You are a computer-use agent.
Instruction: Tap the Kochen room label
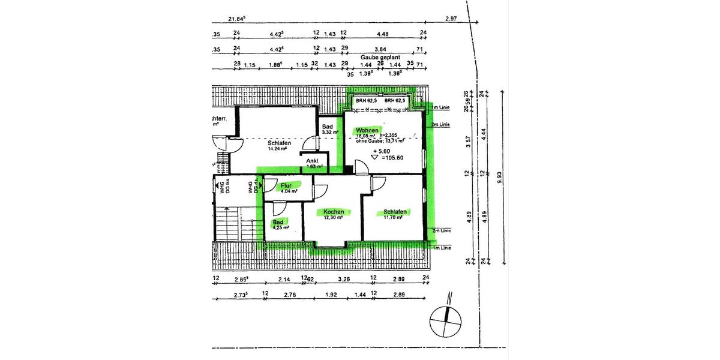pos(334,212)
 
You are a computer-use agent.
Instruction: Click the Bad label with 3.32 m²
pos(328,127)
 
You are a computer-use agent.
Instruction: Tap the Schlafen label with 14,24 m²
pos(280,143)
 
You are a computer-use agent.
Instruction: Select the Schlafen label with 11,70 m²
pos(395,212)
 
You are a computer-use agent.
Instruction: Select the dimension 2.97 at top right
pos(451,19)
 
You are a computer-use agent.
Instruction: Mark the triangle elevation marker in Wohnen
pos(374,157)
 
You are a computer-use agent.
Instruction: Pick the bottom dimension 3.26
pos(344,280)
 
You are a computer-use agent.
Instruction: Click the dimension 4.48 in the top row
pos(383,34)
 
